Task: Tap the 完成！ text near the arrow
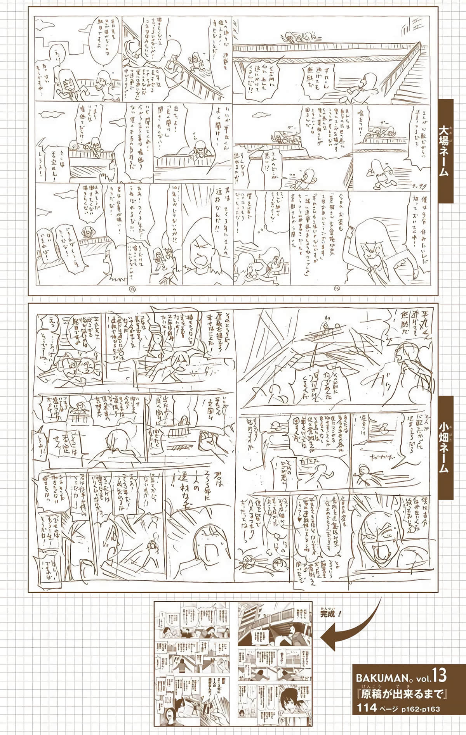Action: pos(331,614)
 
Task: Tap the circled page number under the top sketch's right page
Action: pos(336,289)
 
